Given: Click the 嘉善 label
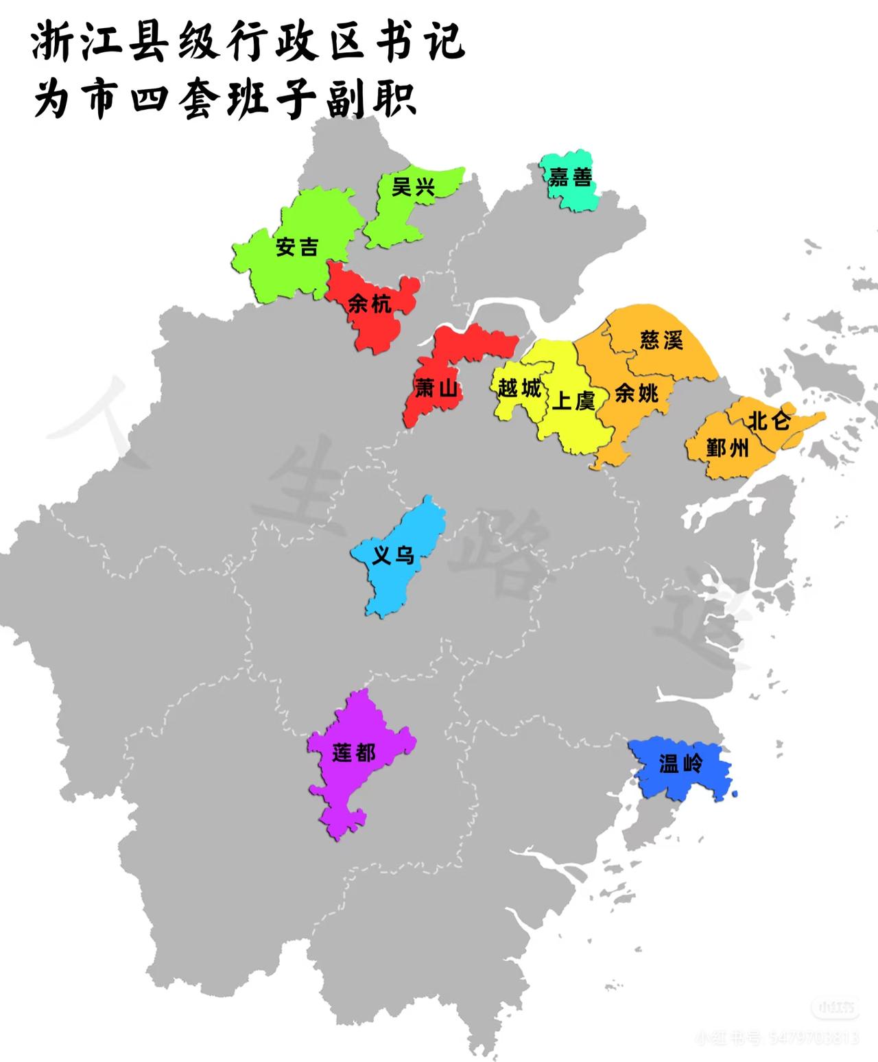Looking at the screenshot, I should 570,178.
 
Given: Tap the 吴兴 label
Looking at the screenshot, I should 413,186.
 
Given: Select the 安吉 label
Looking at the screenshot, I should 297,246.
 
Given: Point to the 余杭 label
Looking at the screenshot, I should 370,303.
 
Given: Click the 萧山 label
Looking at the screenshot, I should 436,389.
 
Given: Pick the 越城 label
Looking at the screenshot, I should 519,388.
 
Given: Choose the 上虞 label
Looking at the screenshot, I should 573,400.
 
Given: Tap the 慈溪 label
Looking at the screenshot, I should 661,340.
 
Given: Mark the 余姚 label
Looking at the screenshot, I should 636,393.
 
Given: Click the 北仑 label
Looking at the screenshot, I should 769,420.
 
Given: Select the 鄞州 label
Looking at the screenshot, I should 728,449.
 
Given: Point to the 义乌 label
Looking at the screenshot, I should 393,554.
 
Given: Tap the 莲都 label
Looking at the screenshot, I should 354,753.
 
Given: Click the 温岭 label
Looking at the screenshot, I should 680,764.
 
